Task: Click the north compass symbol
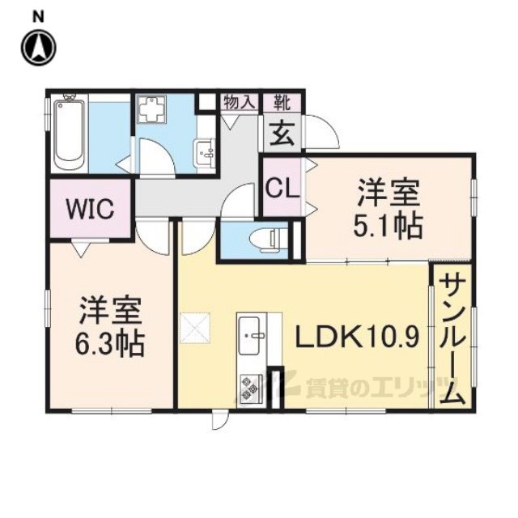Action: pyautogui.click(x=38, y=48)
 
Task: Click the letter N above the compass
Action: pyautogui.click(x=38, y=17)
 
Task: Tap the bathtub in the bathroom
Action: pyautogui.click(x=69, y=132)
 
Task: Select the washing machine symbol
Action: pyautogui.click(x=151, y=109)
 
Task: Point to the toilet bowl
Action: pyautogui.click(x=265, y=240)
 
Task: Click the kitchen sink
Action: pyautogui.click(x=249, y=336)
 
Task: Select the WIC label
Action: pyautogui.click(x=90, y=209)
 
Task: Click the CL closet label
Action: pyautogui.click(x=282, y=189)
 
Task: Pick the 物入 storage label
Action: pyautogui.click(x=240, y=103)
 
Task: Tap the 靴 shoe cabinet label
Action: pyautogui.click(x=282, y=103)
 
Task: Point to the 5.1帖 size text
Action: pyautogui.click(x=388, y=226)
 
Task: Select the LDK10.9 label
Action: pyautogui.click(x=358, y=337)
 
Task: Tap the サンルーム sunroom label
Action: pyautogui.click(x=452, y=340)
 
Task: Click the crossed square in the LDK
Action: pyautogui.click(x=195, y=328)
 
